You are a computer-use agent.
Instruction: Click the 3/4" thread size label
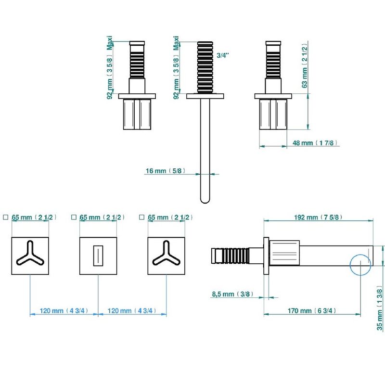(223, 55)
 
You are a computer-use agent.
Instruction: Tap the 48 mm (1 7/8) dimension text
(315, 143)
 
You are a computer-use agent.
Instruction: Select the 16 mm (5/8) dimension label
(165, 171)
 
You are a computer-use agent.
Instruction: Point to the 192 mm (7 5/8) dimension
(318, 218)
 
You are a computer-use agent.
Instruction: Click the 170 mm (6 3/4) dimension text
(311, 311)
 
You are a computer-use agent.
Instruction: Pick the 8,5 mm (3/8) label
(232, 294)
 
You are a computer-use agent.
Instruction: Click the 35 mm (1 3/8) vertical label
(380, 309)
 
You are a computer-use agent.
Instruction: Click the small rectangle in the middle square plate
(98, 256)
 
